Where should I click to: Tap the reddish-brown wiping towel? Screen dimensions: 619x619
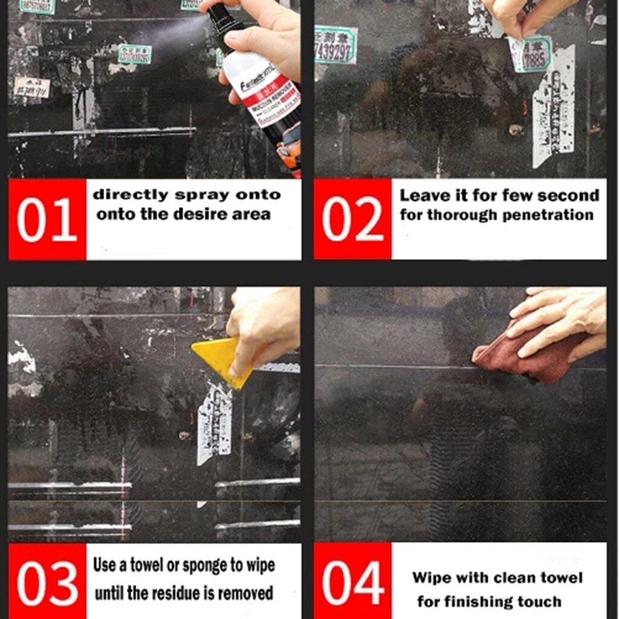[x=526, y=360]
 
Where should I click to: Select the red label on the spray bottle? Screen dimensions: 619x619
[x=272, y=91]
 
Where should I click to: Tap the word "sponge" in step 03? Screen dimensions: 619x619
[x=210, y=565]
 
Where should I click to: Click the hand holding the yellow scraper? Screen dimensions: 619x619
[x=264, y=326]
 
